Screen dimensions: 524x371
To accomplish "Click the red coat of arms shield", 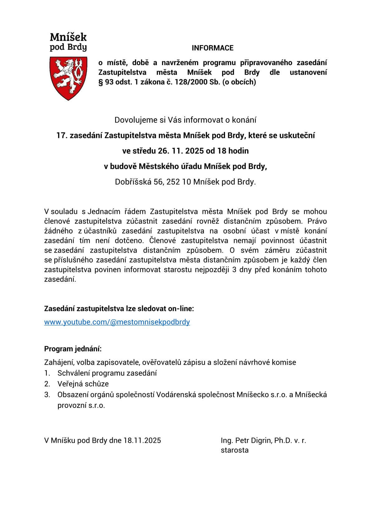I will (x=68, y=78).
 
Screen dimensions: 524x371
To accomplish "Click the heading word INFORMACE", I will (x=212, y=48).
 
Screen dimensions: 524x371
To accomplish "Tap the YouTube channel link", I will (x=117, y=322).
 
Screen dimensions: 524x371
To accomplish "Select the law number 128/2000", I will (x=194, y=82).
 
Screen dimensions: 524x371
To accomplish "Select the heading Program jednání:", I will (x=73, y=349).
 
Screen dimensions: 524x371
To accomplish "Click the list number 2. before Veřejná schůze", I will (x=47, y=384).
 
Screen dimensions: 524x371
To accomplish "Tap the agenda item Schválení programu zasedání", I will (x=107, y=373).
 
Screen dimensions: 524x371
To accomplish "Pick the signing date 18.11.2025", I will (x=142, y=440).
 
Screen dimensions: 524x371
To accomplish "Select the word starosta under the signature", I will (x=234, y=450).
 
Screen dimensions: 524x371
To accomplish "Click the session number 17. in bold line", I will (x=61, y=135).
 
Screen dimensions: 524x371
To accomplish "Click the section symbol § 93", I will (x=105, y=82).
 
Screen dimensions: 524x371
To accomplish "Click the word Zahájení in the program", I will (x=58, y=362).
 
